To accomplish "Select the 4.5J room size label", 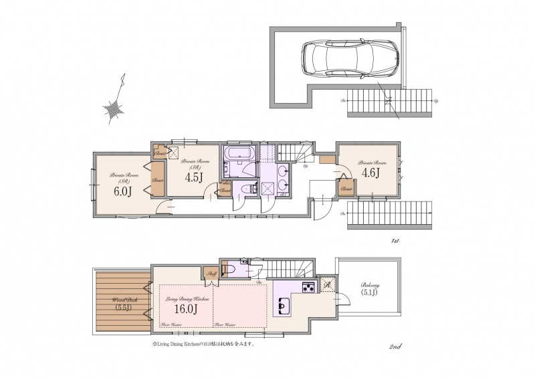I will coord(193,177).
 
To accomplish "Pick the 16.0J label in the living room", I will coord(185,309).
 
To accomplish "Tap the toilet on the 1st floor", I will coord(247,189).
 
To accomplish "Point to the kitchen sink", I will coord(283,306).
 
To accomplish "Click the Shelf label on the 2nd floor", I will coord(209,273).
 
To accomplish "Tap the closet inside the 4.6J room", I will coord(346,188).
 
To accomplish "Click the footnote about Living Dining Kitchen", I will coord(204,346).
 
